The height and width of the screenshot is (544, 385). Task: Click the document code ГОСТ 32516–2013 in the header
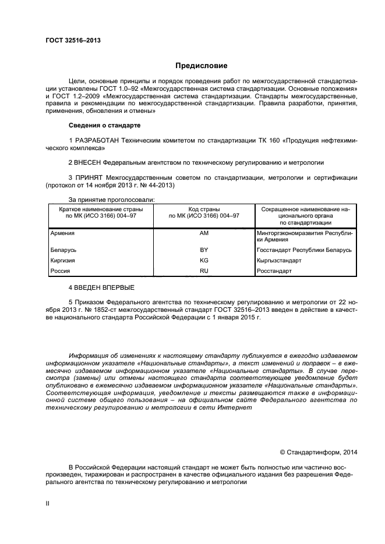click(x=73, y=40)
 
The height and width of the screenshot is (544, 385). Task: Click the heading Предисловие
click(x=202, y=66)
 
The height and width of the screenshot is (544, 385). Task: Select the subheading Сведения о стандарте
click(x=104, y=126)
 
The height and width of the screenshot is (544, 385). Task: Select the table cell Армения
click(x=63, y=233)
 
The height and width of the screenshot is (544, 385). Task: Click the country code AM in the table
click(x=204, y=233)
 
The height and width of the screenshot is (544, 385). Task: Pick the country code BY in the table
click(x=204, y=250)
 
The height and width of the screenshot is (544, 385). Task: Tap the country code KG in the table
click(x=204, y=260)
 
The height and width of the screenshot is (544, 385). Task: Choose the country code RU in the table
click(x=204, y=271)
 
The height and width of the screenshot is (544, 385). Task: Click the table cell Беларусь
click(x=63, y=250)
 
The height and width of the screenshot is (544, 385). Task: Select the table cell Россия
click(x=61, y=271)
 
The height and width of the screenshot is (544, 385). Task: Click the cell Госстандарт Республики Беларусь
click(x=303, y=250)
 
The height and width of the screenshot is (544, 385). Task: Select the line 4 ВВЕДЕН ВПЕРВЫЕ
click(x=101, y=287)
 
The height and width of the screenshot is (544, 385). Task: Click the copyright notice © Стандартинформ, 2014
click(x=319, y=451)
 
